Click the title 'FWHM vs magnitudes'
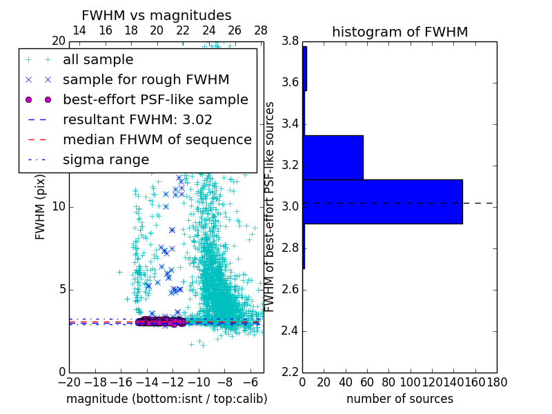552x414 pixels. coord(157,16)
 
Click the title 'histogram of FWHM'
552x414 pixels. coord(400,32)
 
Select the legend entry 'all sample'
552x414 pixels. coord(98,60)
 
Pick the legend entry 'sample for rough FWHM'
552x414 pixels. coord(146,80)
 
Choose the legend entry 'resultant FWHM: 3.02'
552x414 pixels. coord(137,119)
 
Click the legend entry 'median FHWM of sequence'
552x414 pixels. coord(157,139)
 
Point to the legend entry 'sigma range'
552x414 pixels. coord(106,159)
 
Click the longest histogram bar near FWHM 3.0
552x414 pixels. coord(382,201)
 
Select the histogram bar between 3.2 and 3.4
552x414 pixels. coord(333,157)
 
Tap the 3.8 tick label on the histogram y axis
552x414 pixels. coord(290,41)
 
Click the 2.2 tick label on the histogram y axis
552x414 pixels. coord(290,372)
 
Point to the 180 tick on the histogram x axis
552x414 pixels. coord(497,382)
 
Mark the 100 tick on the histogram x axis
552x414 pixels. coord(411,382)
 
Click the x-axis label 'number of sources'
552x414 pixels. coord(400,399)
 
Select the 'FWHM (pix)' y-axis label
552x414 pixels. coord(41,207)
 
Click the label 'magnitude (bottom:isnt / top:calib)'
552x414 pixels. coord(166,399)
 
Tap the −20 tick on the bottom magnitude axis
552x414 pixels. coord(68,382)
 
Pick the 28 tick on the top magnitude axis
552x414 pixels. coord(261,30)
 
